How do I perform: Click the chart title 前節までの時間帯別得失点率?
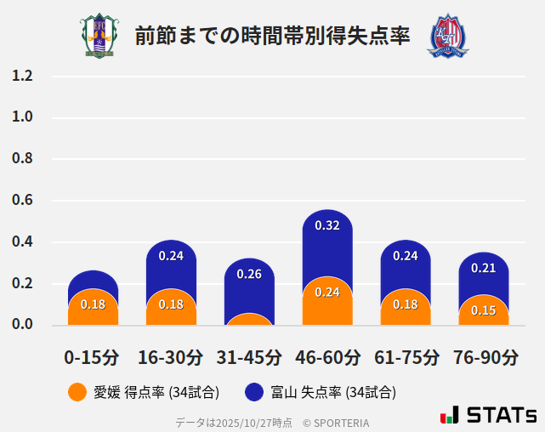(272, 36)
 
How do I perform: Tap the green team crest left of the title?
(99, 36)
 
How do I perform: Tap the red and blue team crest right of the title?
(447, 36)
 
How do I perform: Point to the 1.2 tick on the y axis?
(22, 76)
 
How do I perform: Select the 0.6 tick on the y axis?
(22, 201)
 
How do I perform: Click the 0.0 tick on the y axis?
(22, 324)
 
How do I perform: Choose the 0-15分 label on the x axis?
(93, 357)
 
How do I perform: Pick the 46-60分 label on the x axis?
(327, 357)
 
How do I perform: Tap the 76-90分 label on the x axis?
(484, 357)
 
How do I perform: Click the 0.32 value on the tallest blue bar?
(327, 225)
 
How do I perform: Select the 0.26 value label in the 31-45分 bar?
(249, 274)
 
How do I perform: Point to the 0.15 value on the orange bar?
(484, 310)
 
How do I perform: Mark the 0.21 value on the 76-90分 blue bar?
(484, 268)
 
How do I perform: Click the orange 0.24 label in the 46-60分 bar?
(327, 292)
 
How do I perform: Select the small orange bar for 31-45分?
(249, 320)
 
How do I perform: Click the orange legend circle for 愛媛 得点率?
(77, 392)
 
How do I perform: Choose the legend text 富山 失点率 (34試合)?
(333, 392)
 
